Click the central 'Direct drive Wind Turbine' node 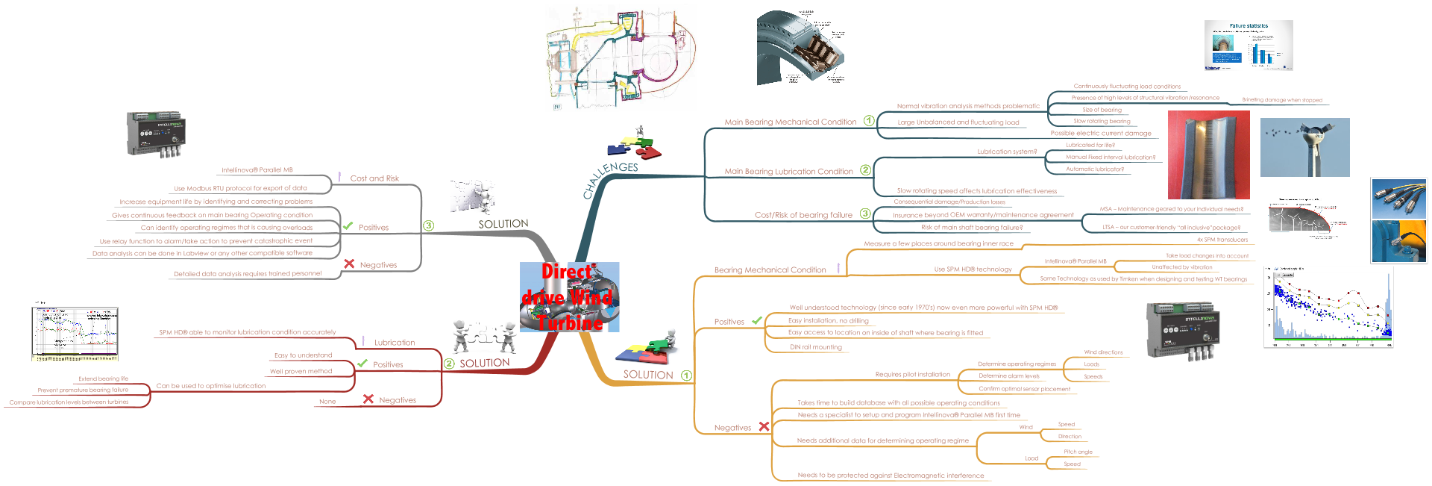pyautogui.click(x=570, y=297)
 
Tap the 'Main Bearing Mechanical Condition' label pyautogui.click(x=790, y=122)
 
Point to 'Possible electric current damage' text pyautogui.click(x=1101, y=134)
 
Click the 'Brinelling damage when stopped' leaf pyautogui.click(x=1281, y=100)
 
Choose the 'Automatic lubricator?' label pyautogui.click(x=1094, y=169)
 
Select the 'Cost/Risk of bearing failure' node pyautogui.click(x=803, y=215)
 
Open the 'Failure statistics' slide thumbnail pyautogui.click(x=1248, y=46)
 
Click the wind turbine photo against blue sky pyautogui.click(x=1304, y=147)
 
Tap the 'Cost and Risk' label pyautogui.click(x=374, y=178)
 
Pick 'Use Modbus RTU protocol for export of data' pyautogui.click(x=240, y=188)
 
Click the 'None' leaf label pyautogui.click(x=327, y=402)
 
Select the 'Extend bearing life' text pyautogui.click(x=103, y=379)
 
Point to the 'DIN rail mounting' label pyautogui.click(x=815, y=347)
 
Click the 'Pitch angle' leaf pyautogui.click(x=1078, y=452)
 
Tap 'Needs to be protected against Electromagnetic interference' pyautogui.click(x=891, y=476)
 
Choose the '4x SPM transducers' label pyautogui.click(x=1222, y=240)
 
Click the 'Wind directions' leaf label pyautogui.click(x=1103, y=352)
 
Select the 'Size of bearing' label pyautogui.click(x=1102, y=110)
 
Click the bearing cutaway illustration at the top pyautogui.click(x=801, y=47)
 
